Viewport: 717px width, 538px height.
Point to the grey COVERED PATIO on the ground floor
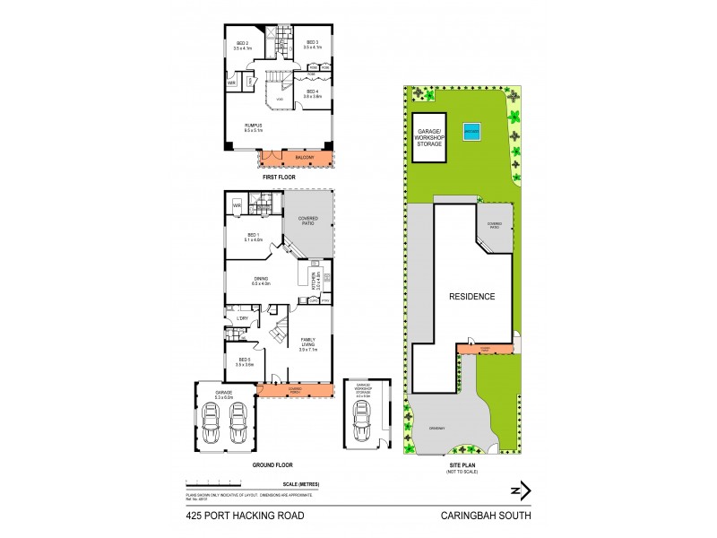click(x=308, y=221)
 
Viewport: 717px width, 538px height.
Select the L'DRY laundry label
click(x=242, y=318)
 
